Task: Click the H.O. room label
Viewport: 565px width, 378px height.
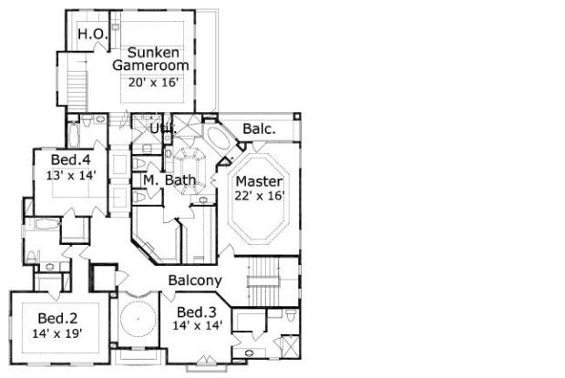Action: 93,35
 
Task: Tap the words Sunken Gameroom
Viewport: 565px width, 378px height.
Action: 150,58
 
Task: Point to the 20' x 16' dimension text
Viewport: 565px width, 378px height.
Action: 153,83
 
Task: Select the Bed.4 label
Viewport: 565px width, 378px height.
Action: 71,159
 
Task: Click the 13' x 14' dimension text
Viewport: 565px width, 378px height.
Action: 71,175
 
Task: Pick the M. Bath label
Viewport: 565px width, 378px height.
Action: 169,180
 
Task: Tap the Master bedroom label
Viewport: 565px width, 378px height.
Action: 259,181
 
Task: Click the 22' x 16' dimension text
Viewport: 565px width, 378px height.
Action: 260,196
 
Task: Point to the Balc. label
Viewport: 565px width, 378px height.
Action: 260,128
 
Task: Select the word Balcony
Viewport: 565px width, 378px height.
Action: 195,281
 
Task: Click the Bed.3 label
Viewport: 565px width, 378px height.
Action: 196,312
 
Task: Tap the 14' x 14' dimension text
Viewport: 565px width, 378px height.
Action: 197,326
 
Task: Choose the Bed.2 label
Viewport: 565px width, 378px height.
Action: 57,318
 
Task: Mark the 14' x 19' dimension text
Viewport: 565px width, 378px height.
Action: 57,333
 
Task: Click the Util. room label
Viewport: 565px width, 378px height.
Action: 163,128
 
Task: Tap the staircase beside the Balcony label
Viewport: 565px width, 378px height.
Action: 263,281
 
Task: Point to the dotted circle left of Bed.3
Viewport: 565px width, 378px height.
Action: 139,319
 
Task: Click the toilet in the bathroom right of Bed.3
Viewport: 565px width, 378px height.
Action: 291,315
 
